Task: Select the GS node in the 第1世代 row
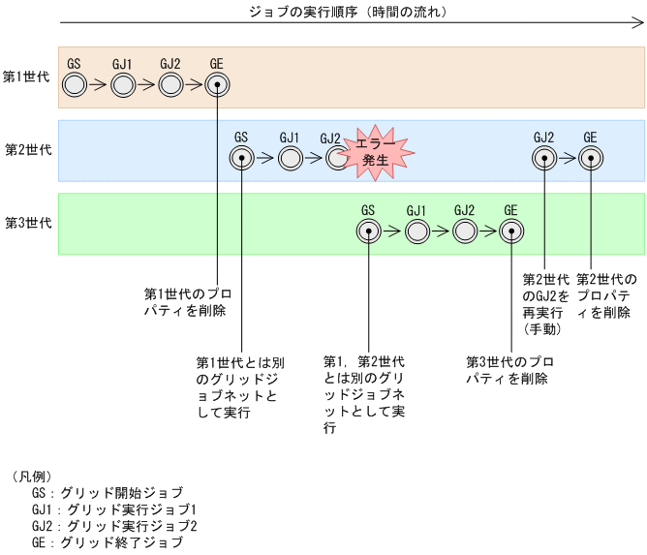pyautogui.click(x=75, y=85)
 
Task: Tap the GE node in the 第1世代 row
pyautogui.click(x=217, y=85)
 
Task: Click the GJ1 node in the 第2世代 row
pyautogui.click(x=289, y=158)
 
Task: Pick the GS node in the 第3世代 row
pyautogui.click(x=368, y=231)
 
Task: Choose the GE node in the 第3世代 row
pyautogui.click(x=511, y=231)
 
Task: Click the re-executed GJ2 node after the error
pyautogui.click(x=543, y=158)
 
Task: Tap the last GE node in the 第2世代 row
pyautogui.click(x=590, y=158)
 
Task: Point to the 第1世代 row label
pyautogui.click(x=26, y=76)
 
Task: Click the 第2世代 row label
pyautogui.click(x=26, y=149)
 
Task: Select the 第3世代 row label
pyautogui.click(x=26, y=222)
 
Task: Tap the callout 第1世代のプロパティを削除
pyautogui.click(x=188, y=302)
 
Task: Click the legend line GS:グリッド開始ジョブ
pyautogui.click(x=107, y=493)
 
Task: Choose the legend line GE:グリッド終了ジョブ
pyautogui.click(x=107, y=542)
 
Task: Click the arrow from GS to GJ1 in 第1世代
pyautogui.click(x=98, y=85)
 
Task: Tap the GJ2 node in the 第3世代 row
pyautogui.click(x=464, y=231)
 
